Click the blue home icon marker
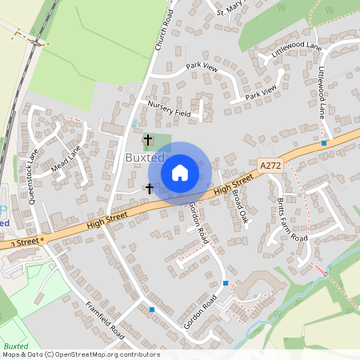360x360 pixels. click(180, 172)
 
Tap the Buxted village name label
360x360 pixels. click(144, 158)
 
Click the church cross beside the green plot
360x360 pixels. click(147, 140)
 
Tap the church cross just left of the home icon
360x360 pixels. click(149, 189)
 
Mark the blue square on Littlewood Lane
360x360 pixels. click(324, 142)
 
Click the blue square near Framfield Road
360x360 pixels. click(151, 309)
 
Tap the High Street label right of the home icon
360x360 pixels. click(233, 186)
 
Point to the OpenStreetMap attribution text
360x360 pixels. click(80, 354)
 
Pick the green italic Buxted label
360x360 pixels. click(15, 346)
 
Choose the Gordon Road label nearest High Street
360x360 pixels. click(198, 222)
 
